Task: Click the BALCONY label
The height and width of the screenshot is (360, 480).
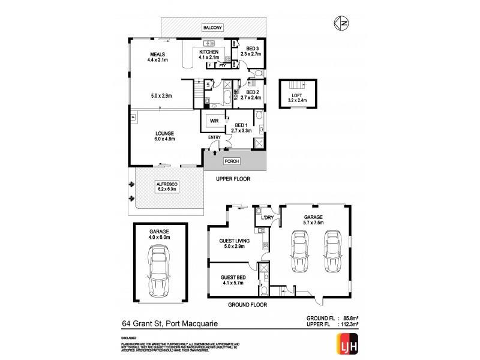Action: [213, 28]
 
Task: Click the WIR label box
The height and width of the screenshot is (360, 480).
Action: [214, 121]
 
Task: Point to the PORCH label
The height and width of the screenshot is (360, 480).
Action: [232, 161]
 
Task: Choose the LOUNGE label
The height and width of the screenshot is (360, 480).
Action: [164, 133]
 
